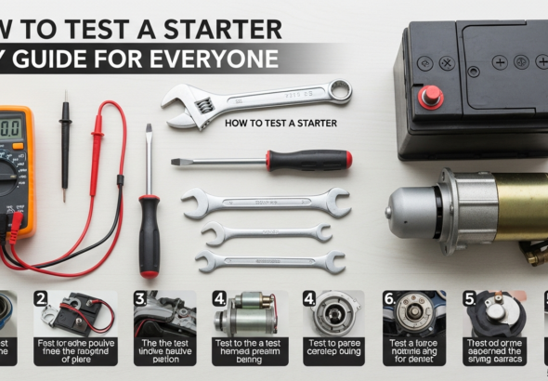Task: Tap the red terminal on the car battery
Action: click(431, 96)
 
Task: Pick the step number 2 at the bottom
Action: click(41, 298)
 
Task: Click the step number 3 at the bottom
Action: click(139, 298)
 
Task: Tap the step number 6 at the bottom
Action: click(389, 298)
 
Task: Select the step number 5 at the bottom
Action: click(470, 298)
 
